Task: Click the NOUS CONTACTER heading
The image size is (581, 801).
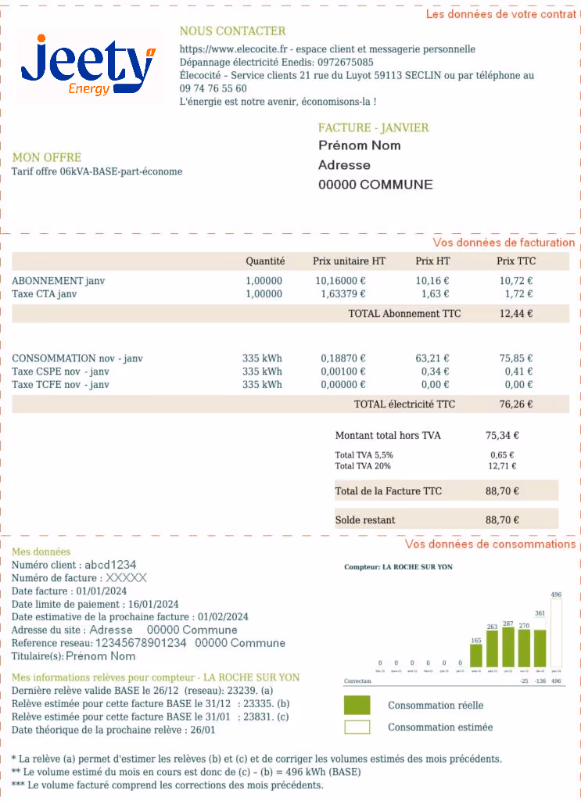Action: click(232, 31)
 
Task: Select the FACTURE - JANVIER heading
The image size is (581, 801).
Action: click(373, 128)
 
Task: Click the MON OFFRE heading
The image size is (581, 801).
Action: click(47, 157)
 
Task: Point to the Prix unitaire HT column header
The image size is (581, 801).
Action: click(349, 261)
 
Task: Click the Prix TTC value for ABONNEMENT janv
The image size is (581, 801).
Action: click(516, 281)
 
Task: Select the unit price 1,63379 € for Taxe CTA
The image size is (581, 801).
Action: click(343, 294)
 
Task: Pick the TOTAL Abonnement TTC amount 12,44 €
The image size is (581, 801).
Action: click(516, 314)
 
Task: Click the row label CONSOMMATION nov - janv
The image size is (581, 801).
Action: click(77, 359)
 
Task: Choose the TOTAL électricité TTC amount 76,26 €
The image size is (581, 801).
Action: click(516, 404)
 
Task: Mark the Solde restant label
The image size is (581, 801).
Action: click(365, 519)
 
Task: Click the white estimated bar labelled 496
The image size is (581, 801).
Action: click(556, 634)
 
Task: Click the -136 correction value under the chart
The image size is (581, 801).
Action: click(540, 681)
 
